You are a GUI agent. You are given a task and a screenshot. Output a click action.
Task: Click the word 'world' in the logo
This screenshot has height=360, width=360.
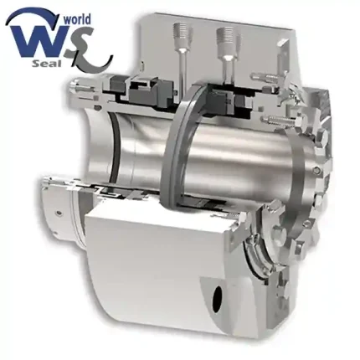point(77,20)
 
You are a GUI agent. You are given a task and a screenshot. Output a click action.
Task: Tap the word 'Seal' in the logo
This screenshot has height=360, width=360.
point(46,64)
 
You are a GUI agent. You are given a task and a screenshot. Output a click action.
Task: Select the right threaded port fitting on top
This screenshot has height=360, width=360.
point(228,39)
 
